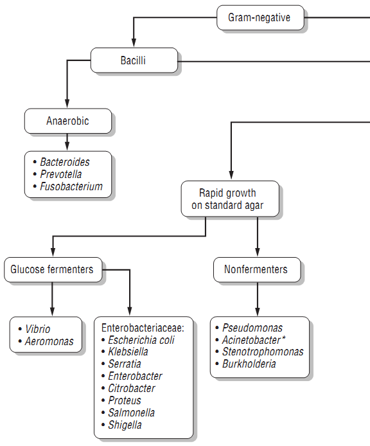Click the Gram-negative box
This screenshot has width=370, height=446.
click(260, 17)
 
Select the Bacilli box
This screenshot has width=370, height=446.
click(134, 60)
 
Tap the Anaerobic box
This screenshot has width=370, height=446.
click(67, 121)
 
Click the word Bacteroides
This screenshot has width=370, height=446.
click(65, 162)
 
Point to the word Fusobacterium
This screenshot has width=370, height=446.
click(71, 186)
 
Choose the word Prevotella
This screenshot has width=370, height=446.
click(61, 174)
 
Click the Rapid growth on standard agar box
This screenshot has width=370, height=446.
click(230, 199)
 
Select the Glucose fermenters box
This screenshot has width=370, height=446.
click(53, 270)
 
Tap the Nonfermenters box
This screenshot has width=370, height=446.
click(257, 270)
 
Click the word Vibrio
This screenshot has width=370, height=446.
click(37, 329)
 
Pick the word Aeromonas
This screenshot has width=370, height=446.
click(49, 341)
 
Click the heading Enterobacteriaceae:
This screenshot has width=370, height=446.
click(143, 328)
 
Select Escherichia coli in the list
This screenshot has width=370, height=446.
click(141, 340)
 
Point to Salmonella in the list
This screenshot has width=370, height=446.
click(132, 413)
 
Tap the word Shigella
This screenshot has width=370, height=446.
click(125, 425)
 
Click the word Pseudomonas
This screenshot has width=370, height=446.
click(252, 328)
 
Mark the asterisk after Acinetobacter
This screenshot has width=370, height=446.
click(283, 338)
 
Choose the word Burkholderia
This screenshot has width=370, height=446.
click(249, 364)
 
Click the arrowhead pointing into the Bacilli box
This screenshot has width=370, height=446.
click(134, 42)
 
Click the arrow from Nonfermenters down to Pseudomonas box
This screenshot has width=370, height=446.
click(258, 299)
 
